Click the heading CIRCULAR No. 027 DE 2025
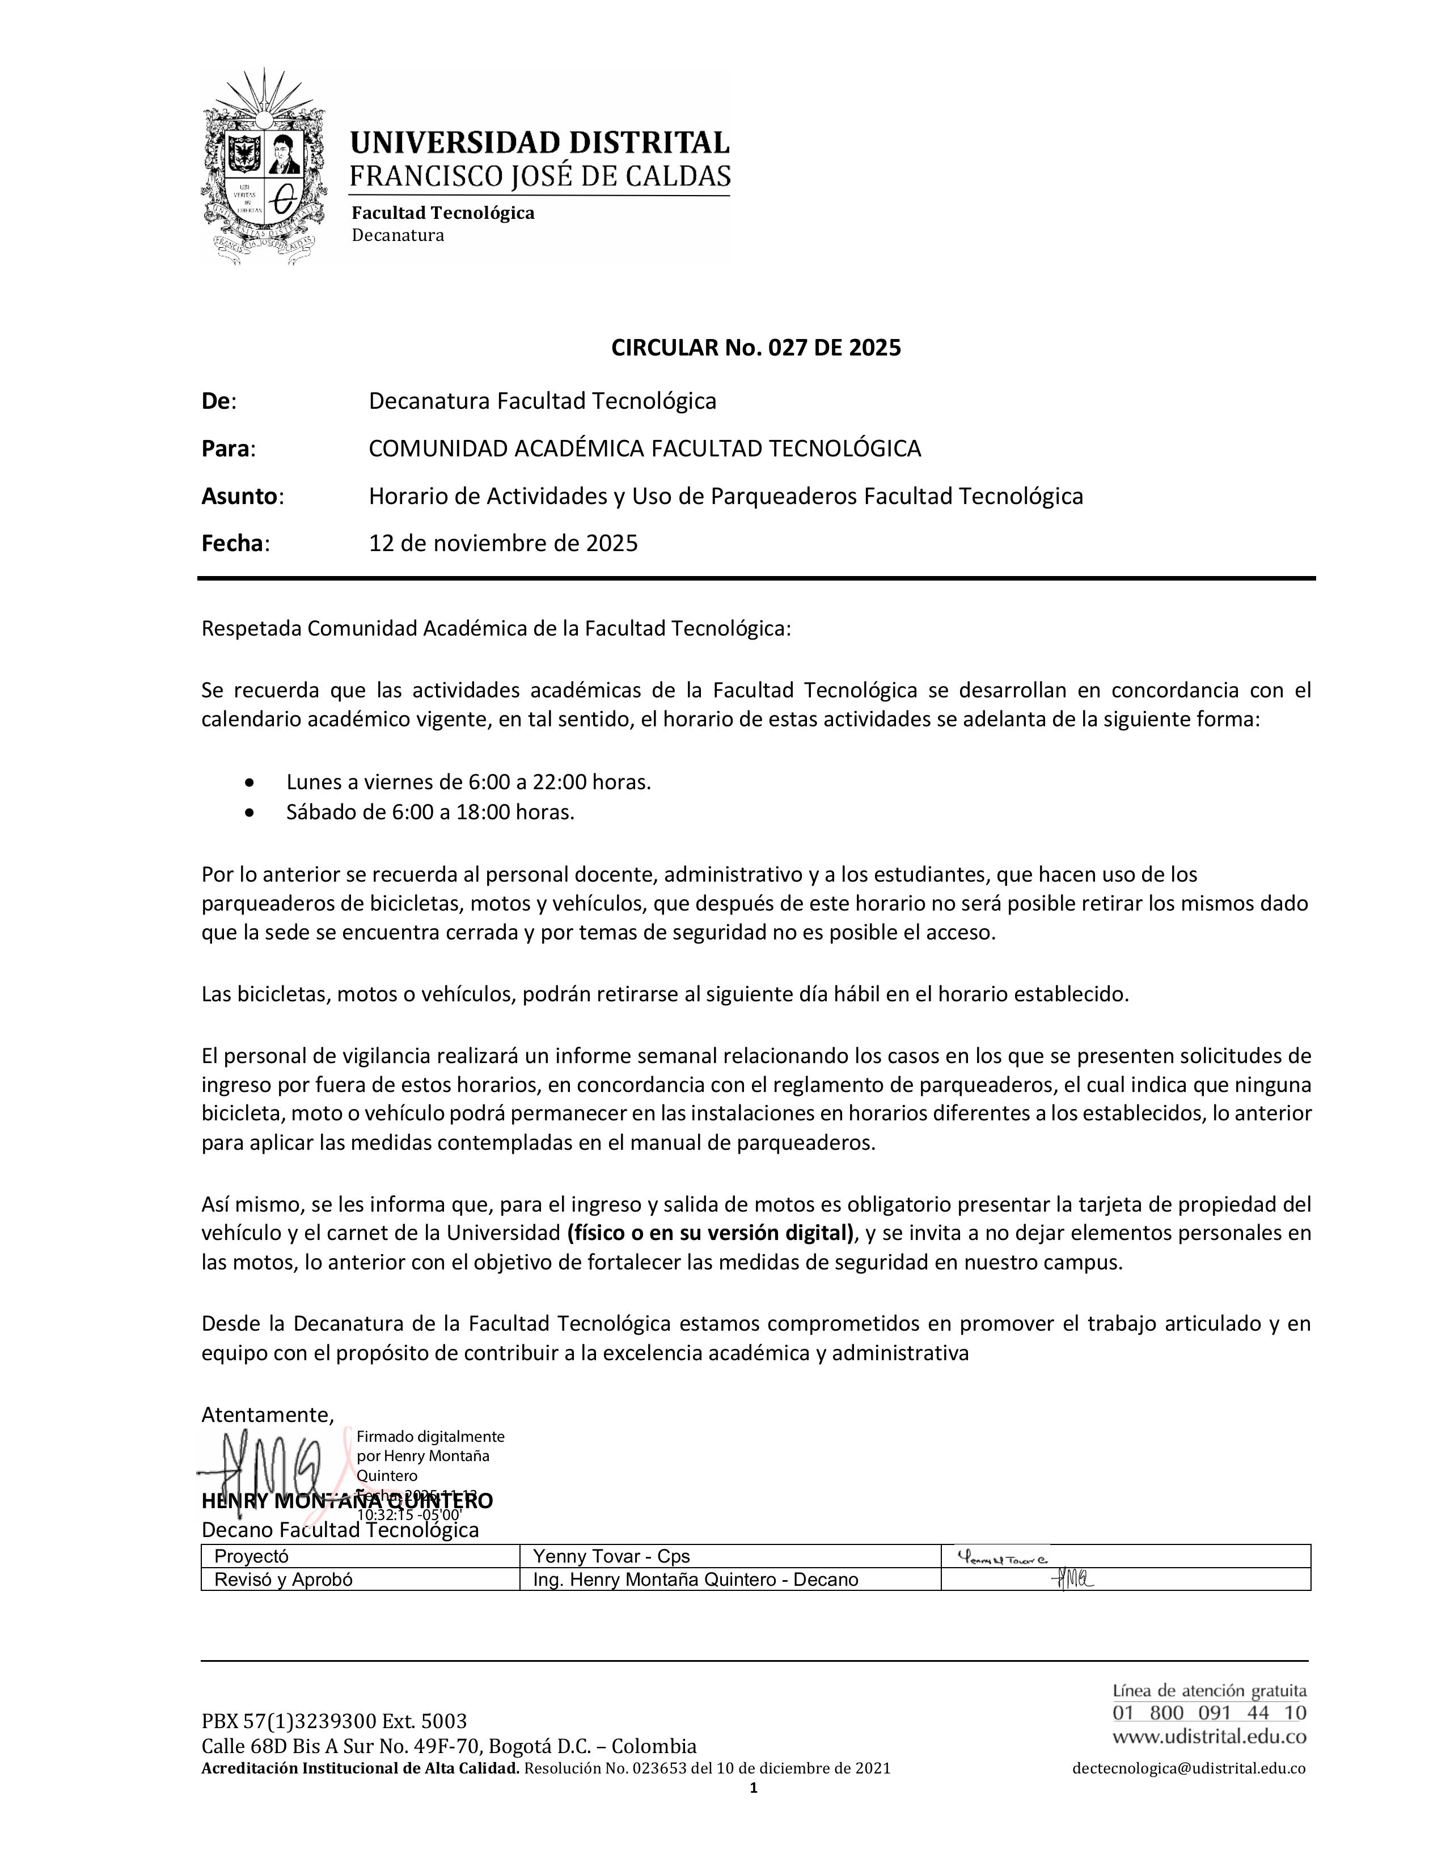(755, 348)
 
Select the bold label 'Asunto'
(239, 496)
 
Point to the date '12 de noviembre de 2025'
(503, 543)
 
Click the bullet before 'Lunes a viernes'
(250, 782)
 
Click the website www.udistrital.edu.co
(1209, 1737)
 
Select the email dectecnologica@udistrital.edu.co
(1188, 1768)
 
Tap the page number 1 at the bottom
(753, 1787)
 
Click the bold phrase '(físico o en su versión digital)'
(710, 1234)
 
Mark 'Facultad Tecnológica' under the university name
(443, 213)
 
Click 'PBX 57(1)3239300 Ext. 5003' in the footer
(334, 1721)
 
